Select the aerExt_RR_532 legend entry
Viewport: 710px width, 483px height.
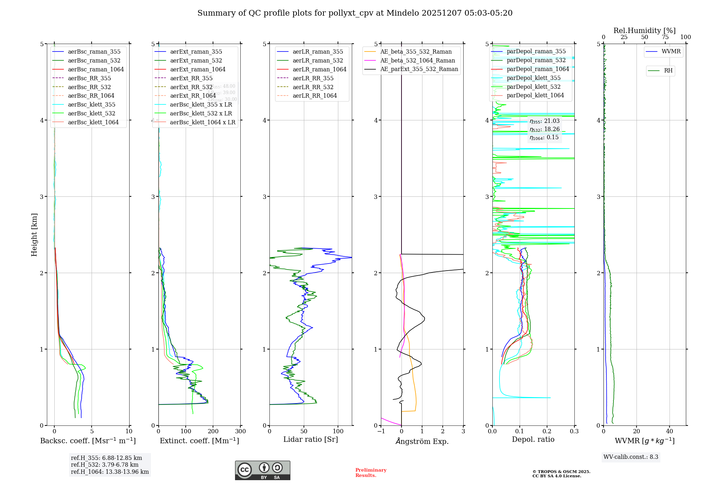pyautogui.click(x=191, y=87)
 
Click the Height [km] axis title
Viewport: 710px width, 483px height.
pyautogui.click(x=34, y=235)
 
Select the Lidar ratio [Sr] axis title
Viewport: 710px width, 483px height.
pyautogui.click(x=310, y=439)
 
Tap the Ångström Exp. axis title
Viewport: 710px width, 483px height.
pyautogui.click(x=422, y=441)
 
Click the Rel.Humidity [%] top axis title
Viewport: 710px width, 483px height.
pyautogui.click(x=644, y=31)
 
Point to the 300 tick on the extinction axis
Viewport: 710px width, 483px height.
pyautogui.click(x=240, y=432)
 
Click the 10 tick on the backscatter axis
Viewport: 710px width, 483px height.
pyautogui.click(x=129, y=432)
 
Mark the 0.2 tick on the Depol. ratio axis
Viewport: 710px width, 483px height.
pyautogui.click(x=547, y=432)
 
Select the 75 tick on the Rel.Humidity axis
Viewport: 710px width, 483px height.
pyautogui.click(x=665, y=37)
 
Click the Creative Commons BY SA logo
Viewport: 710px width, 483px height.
pyautogui.click(x=262, y=471)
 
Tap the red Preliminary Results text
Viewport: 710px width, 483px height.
pyautogui.click(x=371, y=473)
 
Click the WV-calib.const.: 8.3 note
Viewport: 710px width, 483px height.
pyautogui.click(x=630, y=457)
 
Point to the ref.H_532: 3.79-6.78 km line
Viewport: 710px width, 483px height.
pyautogui.click(x=105, y=465)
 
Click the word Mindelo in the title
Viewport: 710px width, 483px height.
pyautogui.click(x=403, y=13)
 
